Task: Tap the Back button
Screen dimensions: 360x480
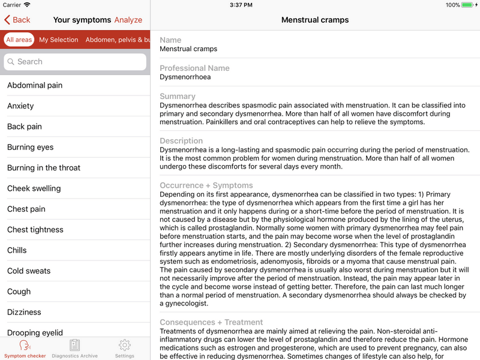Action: click(17, 20)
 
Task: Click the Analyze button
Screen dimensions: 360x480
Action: click(128, 20)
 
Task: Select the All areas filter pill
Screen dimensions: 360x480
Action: click(19, 40)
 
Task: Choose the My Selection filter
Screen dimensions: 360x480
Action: click(59, 40)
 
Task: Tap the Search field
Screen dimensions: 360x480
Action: click(75, 62)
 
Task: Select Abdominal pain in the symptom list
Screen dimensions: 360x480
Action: click(35, 85)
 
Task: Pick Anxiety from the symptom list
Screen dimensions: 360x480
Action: click(20, 106)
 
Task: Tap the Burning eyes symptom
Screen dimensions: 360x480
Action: click(31, 147)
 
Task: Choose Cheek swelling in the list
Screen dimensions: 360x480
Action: click(34, 188)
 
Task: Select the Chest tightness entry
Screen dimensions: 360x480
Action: click(35, 230)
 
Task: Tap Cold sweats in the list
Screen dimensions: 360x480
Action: click(29, 271)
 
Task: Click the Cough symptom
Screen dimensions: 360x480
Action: click(19, 292)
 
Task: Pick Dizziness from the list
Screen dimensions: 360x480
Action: click(25, 312)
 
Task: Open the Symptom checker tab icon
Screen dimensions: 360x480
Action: click(25, 346)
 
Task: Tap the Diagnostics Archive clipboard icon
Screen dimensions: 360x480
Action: click(74, 345)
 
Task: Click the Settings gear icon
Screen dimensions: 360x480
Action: click(125, 345)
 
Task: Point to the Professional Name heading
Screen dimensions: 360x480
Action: click(194, 68)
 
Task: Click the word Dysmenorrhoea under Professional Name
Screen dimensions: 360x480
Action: click(185, 77)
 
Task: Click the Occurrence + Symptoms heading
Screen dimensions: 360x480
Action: click(206, 185)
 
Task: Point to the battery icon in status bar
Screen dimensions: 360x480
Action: click(470, 5)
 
